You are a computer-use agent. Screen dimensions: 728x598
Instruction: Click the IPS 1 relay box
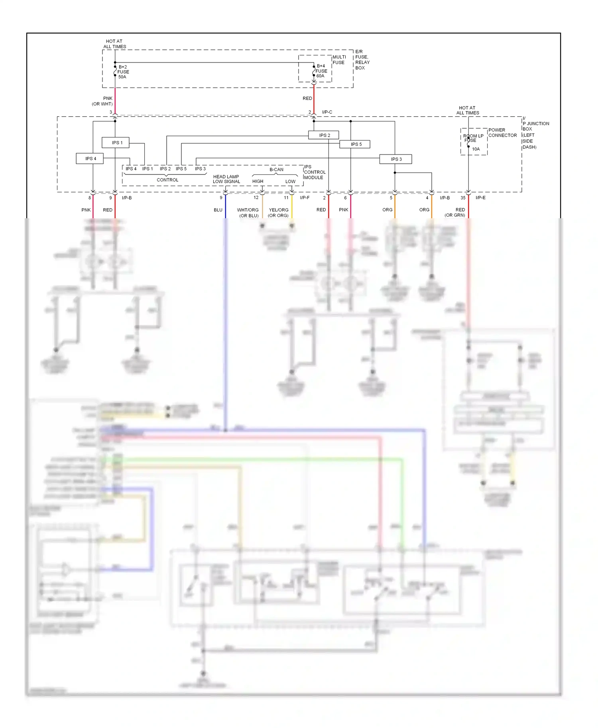pyautogui.click(x=115, y=143)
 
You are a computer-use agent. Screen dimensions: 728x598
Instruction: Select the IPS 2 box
pyautogui.click(x=323, y=135)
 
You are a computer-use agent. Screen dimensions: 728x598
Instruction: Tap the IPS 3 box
pyautogui.click(x=395, y=159)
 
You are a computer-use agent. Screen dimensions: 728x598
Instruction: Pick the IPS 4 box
pyautogui.click(x=90, y=159)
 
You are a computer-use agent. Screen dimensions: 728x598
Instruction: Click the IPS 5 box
pyautogui.click(x=355, y=144)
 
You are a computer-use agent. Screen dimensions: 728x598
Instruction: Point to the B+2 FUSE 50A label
pyautogui.click(x=123, y=72)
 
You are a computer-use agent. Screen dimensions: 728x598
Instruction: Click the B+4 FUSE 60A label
pyautogui.click(x=321, y=71)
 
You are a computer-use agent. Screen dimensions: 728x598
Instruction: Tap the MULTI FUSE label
pyautogui.click(x=339, y=60)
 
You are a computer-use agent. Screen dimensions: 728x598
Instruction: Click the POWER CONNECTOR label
pyautogui.click(x=502, y=133)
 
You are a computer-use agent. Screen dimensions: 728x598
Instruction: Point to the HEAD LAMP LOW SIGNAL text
pyautogui.click(x=226, y=179)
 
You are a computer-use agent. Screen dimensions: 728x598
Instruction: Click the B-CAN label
pyautogui.click(x=276, y=170)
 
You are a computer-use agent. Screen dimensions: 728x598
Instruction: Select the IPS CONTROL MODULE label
pyautogui.click(x=315, y=172)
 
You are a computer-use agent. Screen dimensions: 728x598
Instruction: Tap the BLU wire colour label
pyautogui.click(x=218, y=210)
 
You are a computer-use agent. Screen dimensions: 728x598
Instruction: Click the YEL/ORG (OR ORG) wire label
pyautogui.click(x=278, y=213)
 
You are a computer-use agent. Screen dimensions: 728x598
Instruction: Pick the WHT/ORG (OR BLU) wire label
pyautogui.click(x=248, y=213)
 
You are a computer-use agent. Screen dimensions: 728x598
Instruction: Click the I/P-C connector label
pyautogui.click(x=327, y=112)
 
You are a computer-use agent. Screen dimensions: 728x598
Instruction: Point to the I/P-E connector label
pyautogui.click(x=480, y=198)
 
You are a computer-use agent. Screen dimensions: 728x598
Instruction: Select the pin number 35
pyautogui.click(x=463, y=198)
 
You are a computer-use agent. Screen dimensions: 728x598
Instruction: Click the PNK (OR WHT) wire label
pyautogui.click(x=103, y=101)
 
